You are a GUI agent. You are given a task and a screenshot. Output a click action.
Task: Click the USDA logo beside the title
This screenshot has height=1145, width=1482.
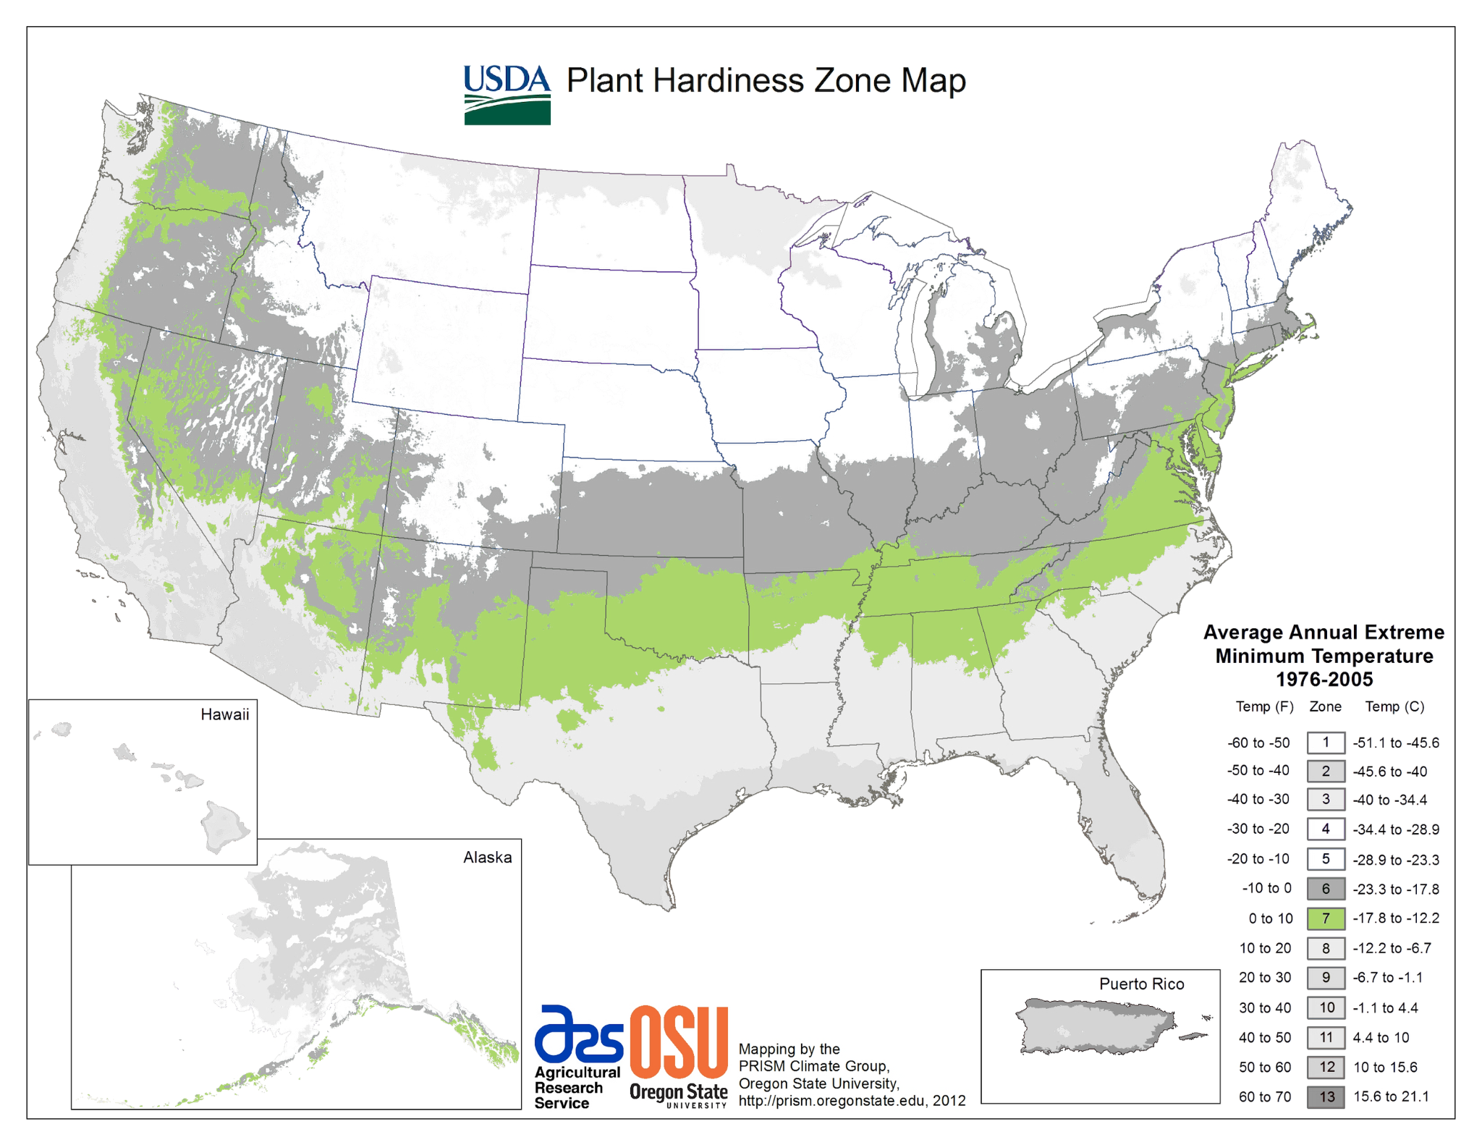click(507, 95)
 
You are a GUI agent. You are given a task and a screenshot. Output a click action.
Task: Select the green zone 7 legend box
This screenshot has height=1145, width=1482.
click(1326, 918)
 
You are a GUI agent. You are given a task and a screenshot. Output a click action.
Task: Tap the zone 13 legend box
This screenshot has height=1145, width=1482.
click(1326, 1097)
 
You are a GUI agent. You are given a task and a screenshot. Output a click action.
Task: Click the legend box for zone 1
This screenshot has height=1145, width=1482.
click(1326, 743)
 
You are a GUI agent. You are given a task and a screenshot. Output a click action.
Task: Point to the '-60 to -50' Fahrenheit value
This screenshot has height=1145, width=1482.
click(1258, 743)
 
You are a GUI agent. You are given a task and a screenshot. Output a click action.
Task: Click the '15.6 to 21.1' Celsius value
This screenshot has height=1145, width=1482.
click(1391, 1097)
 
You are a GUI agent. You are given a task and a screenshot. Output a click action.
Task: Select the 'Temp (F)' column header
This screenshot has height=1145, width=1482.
click(1264, 706)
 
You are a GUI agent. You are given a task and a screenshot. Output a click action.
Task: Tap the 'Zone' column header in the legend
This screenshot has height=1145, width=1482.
click(1325, 706)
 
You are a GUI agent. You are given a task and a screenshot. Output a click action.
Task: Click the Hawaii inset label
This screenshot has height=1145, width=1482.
click(224, 714)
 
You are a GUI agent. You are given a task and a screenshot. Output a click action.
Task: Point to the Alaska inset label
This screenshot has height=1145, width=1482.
click(487, 857)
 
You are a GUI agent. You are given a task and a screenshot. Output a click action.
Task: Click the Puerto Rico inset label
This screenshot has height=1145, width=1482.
click(1141, 984)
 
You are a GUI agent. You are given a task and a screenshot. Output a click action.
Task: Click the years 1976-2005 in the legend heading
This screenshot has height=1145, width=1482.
click(1324, 679)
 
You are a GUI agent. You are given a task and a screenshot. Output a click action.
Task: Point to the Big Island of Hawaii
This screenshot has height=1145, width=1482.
click(225, 827)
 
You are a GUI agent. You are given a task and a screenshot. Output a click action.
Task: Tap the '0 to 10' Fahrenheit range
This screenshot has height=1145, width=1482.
click(1270, 918)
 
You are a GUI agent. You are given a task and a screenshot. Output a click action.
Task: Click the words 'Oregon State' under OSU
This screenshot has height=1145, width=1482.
click(678, 1091)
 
